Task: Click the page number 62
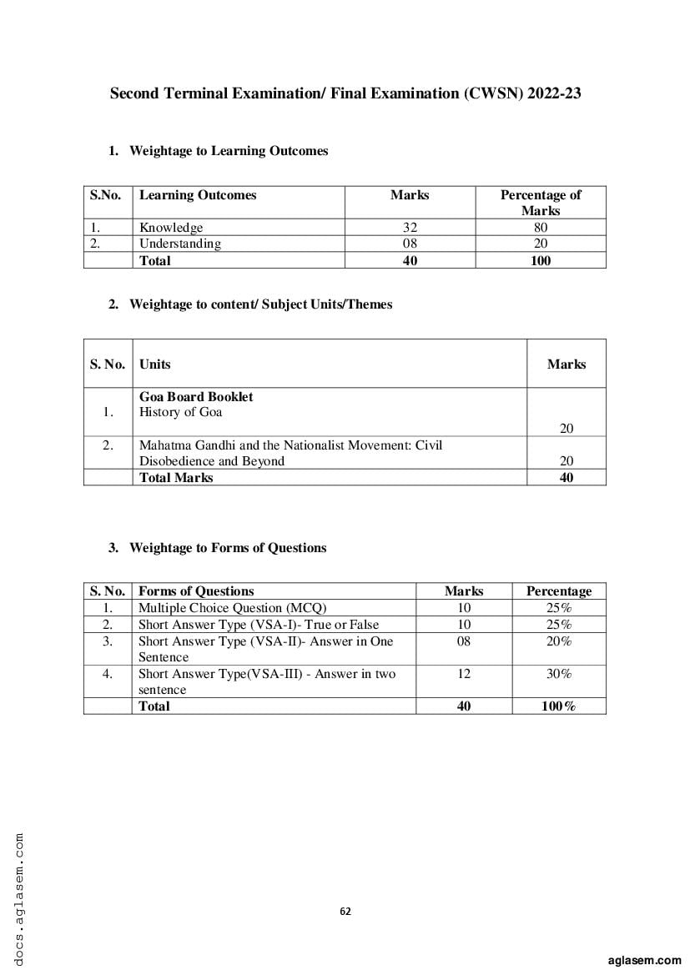[345, 911]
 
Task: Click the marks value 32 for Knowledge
[409, 227]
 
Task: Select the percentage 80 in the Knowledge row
[541, 227]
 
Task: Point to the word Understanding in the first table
[179, 244]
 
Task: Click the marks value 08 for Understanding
[409, 244]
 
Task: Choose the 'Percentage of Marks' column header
[541, 203]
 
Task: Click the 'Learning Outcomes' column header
[198, 195]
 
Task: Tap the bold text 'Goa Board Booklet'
[196, 397]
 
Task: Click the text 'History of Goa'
[180, 412]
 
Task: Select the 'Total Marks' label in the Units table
[176, 477]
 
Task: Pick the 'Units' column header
[154, 364]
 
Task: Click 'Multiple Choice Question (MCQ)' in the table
[232, 608]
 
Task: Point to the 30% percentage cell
[558, 674]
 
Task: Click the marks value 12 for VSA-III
[464, 674]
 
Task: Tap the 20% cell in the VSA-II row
[558, 641]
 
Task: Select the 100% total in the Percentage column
[558, 706]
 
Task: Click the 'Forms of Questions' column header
[196, 591]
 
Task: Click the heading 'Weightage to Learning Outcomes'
[229, 151]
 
